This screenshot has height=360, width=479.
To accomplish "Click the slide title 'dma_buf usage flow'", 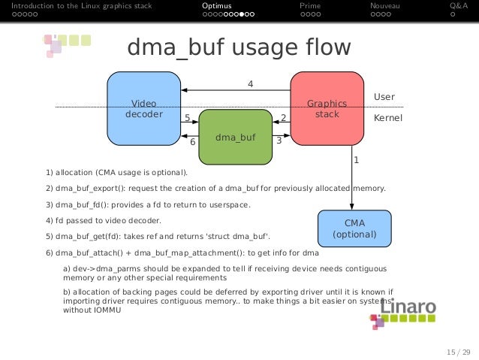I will coord(239,48).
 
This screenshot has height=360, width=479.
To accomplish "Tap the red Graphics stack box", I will coord(327,109).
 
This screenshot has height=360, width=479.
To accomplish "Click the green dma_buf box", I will coord(235,138).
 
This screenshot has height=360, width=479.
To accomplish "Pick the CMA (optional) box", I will coord(354,228).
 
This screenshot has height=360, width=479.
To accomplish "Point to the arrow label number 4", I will coord(250,83).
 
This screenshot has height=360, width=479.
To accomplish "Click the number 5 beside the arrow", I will coord(187,118).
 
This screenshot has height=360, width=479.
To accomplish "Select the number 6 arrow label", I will coord(192,141).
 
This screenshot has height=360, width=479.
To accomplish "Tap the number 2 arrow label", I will coord(283,118).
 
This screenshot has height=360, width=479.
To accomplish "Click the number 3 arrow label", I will coord(279,141).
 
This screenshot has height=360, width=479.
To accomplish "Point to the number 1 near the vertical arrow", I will coord(356,160).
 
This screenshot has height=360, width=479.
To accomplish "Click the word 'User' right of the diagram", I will coord(384,97).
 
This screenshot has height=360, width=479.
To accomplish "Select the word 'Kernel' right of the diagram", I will coord(388,119).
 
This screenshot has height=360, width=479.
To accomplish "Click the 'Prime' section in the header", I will coord(310,6).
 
